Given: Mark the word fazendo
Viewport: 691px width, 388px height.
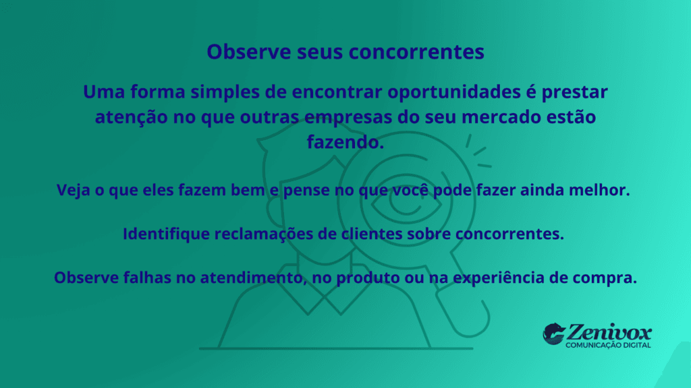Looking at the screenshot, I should pos(345,143).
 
